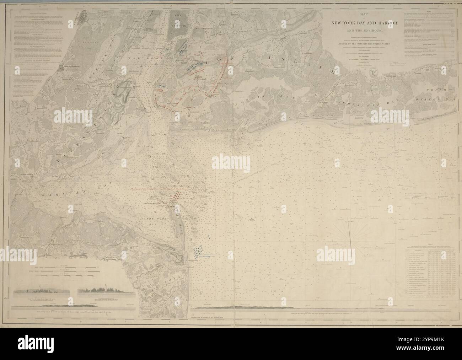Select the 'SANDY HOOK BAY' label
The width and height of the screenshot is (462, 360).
(x=150, y=222)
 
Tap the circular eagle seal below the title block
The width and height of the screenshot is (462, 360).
(x=373, y=72)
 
